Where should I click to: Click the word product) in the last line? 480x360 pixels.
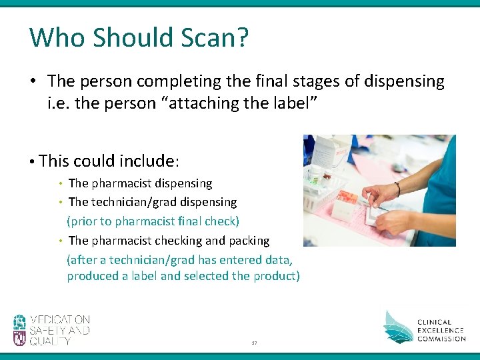[275, 276]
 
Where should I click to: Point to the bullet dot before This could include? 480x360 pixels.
[32, 161]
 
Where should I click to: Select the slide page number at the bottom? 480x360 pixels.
[254, 343]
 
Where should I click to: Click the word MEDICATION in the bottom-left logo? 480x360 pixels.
[59, 320]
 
